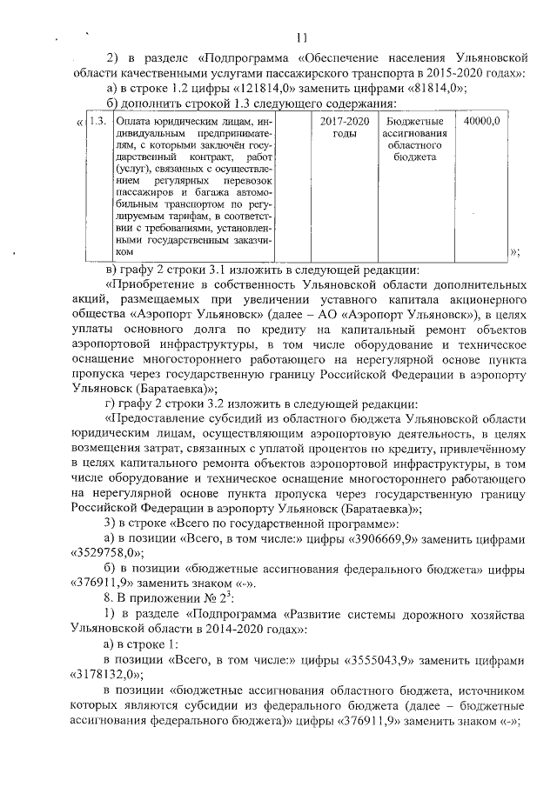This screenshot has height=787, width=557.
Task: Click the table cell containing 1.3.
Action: coord(97,121)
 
